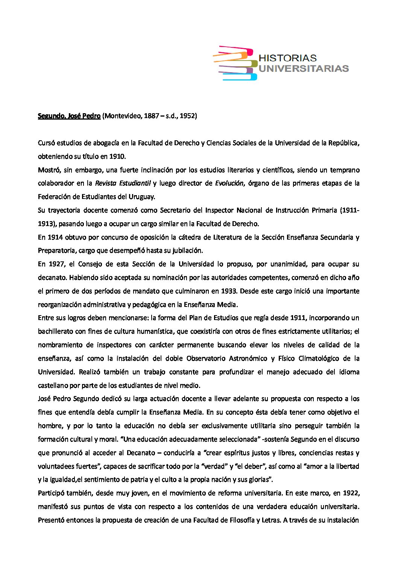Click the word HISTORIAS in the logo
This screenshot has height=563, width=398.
(287, 58)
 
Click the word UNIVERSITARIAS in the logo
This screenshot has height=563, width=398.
(304, 68)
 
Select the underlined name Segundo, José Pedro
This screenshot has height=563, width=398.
(69, 116)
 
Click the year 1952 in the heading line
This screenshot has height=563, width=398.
(187, 116)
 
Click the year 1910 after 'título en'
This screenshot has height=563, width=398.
(117, 156)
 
